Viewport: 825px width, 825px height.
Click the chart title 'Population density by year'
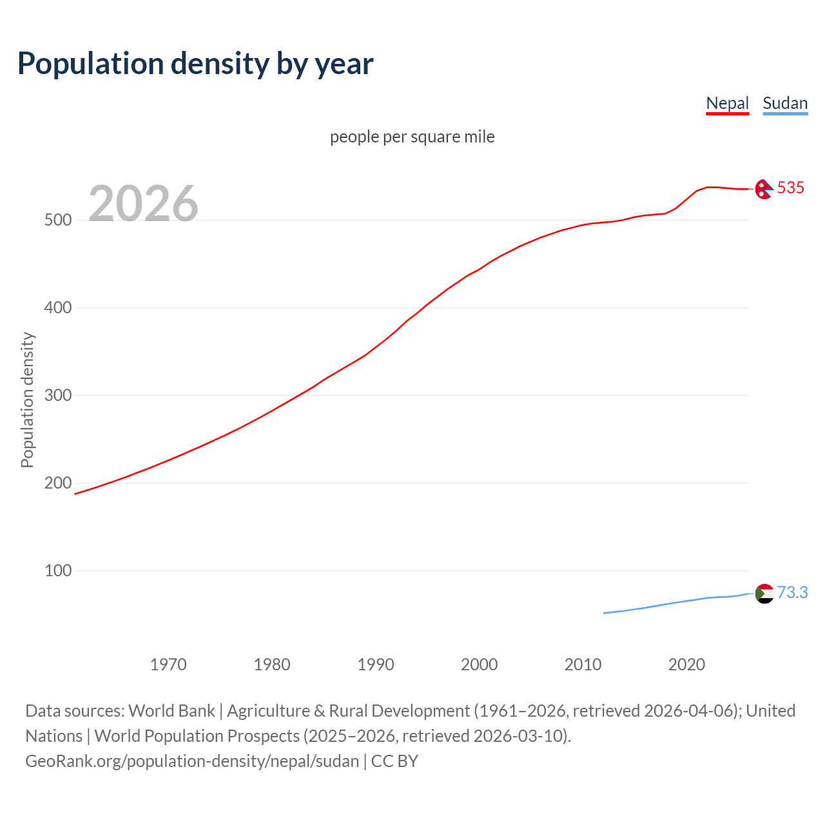(x=195, y=63)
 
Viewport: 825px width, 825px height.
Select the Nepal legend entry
(x=727, y=103)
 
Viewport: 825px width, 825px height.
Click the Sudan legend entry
(x=784, y=103)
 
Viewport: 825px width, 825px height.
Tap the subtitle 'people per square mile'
(x=412, y=137)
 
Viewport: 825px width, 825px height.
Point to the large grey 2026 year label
(x=143, y=203)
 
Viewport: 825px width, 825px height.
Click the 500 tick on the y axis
(x=58, y=220)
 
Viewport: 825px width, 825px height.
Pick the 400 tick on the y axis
(x=58, y=307)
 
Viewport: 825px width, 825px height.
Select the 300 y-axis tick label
(x=58, y=395)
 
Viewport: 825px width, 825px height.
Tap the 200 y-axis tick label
(x=58, y=483)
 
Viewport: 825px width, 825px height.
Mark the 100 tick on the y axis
(x=58, y=570)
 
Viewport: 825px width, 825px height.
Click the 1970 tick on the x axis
(x=168, y=665)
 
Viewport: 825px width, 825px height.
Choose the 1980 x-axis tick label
(x=272, y=665)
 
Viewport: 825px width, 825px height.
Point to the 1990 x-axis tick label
(x=376, y=665)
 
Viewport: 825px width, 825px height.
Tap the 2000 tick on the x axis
(x=479, y=665)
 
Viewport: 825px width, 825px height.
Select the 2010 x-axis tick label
(x=583, y=665)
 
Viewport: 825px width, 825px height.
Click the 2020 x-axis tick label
(x=686, y=665)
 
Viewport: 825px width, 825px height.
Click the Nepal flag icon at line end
(x=764, y=189)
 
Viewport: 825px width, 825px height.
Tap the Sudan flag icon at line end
(x=764, y=593)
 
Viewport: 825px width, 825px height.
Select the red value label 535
(x=791, y=188)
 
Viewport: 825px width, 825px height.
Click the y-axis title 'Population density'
(x=27, y=400)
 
